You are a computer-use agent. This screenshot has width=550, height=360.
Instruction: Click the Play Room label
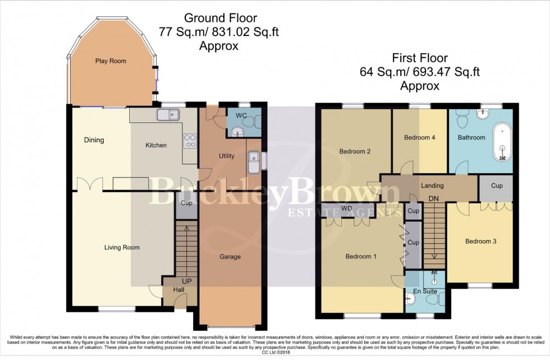pos(111,61)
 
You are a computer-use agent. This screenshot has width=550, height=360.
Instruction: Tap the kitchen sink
pos(168,116)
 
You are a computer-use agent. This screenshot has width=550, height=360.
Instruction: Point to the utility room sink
pos(253,161)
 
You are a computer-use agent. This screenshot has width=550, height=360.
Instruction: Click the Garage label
pos(230,257)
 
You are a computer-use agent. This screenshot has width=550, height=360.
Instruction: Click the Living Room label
pos(121,247)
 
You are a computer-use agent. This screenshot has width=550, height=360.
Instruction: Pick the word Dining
pos(94,140)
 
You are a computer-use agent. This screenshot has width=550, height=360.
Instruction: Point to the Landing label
pos(432,186)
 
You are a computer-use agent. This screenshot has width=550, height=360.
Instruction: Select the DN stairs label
pos(433,199)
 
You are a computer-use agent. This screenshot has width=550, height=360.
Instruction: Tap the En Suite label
pos(425,291)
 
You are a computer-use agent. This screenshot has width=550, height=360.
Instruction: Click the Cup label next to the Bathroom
pos(496,185)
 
